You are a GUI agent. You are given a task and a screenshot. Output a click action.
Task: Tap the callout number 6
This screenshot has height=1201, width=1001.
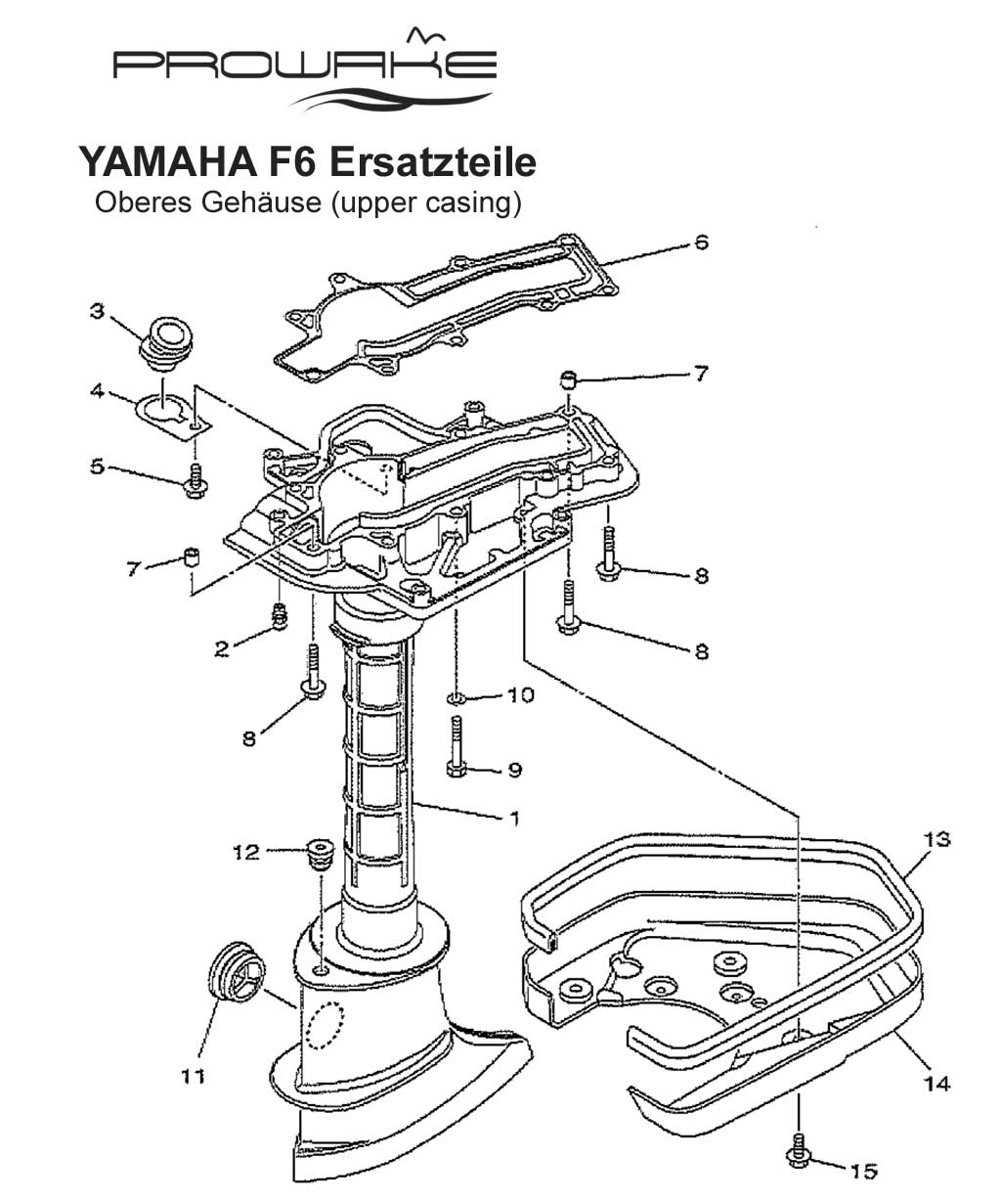[x=700, y=242]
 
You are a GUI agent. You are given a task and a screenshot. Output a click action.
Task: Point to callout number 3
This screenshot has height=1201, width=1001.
[x=97, y=311]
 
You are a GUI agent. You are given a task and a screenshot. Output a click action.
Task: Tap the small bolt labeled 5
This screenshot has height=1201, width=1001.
[x=196, y=478]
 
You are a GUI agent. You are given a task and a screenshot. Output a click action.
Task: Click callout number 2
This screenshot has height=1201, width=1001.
[x=222, y=647]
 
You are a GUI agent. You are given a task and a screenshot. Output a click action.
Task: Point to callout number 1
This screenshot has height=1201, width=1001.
[x=515, y=819]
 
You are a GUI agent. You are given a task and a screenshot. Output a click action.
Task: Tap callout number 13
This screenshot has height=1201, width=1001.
[x=937, y=839]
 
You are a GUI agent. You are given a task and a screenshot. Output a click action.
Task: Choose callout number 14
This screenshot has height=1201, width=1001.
[x=936, y=1083]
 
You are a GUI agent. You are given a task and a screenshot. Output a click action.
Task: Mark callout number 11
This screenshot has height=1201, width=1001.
[x=192, y=1077]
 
